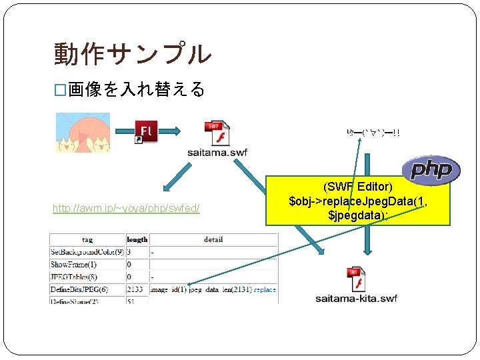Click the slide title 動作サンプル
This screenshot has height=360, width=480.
click(x=132, y=54)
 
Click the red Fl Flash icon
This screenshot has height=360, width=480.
click(x=146, y=131)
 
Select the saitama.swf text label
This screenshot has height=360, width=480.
click(x=217, y=153)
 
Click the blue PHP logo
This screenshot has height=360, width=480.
click(x=431, y=171)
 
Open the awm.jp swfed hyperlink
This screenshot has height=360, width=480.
click(x=127, y=209)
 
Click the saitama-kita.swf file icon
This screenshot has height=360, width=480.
click(x=356, y=280)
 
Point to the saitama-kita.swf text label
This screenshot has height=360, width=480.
click(x=356, y=298)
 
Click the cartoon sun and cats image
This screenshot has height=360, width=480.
click(x=83, y=133)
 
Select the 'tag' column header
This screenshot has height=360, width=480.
click(x=87, y=239)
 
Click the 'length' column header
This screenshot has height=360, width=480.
click(x=137, y=239)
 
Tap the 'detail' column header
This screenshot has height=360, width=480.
click(x=213, y=239)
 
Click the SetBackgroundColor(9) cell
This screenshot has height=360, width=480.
click(x=87, y=252)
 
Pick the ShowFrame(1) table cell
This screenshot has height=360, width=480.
click(x=73, y=265)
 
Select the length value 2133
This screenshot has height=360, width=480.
click(x=135, y=289)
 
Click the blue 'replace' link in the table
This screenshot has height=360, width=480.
click(x=265, y=289)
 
